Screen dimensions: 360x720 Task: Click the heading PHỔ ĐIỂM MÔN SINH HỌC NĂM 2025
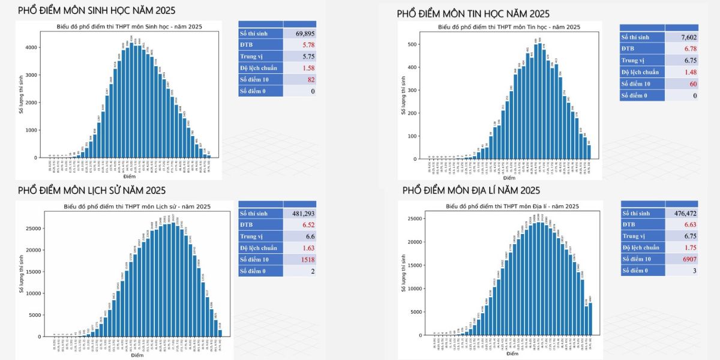pyautogui.click(x=97, y=11)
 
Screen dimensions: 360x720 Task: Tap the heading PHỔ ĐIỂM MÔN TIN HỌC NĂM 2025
pyautogui.click(x=473, y=13)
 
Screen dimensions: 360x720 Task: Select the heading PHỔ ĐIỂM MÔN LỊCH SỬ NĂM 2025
pyautogui.click(x=92, y=191)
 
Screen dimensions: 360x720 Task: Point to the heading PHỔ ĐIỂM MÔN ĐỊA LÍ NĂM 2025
pyautogui.click(x=471, y=191)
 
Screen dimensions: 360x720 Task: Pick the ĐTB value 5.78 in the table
pyautogui.click(x=308, y=45)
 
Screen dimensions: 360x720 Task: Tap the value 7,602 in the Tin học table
pyautogui.click(x=688, y=37)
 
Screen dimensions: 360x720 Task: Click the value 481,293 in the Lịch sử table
pyautogui.click(x=303, y=214)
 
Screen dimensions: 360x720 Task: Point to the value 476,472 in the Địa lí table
pyautogui.click(x=683, y=214)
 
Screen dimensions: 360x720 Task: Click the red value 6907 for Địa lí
pyautogui.click(x=687, y=259)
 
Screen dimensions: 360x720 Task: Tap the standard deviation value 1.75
pyautogui.click(x=689, y=248)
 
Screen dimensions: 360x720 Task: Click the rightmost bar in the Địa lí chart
pyautogui.click(x=590, y=319)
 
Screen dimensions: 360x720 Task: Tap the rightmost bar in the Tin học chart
pyautogui.click(x=589, y=152)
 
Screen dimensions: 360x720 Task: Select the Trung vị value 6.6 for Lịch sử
pyautogui.click(x=310, y=236)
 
